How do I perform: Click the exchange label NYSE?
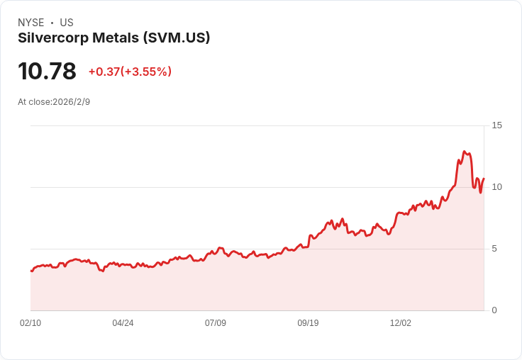pos(31,23)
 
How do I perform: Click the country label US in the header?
pos(67,23)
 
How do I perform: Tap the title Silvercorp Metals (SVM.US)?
pos(113,38)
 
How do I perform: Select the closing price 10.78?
pos(47,72)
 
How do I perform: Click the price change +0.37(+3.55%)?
pos(130,72)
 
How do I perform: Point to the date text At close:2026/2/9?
pos(54,102)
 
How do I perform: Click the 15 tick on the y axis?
pos(496,125)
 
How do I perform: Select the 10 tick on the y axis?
pos(496,187)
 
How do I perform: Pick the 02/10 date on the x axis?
pos(30,323)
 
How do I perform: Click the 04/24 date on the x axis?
pos(123,323)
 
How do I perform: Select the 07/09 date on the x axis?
pos(216,323)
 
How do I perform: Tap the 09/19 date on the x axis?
pos(308,323)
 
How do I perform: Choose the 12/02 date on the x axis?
pos(401,323)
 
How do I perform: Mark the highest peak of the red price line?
pos(464,151)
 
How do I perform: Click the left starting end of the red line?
pos(31,271)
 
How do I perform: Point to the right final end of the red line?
pos(484,179)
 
